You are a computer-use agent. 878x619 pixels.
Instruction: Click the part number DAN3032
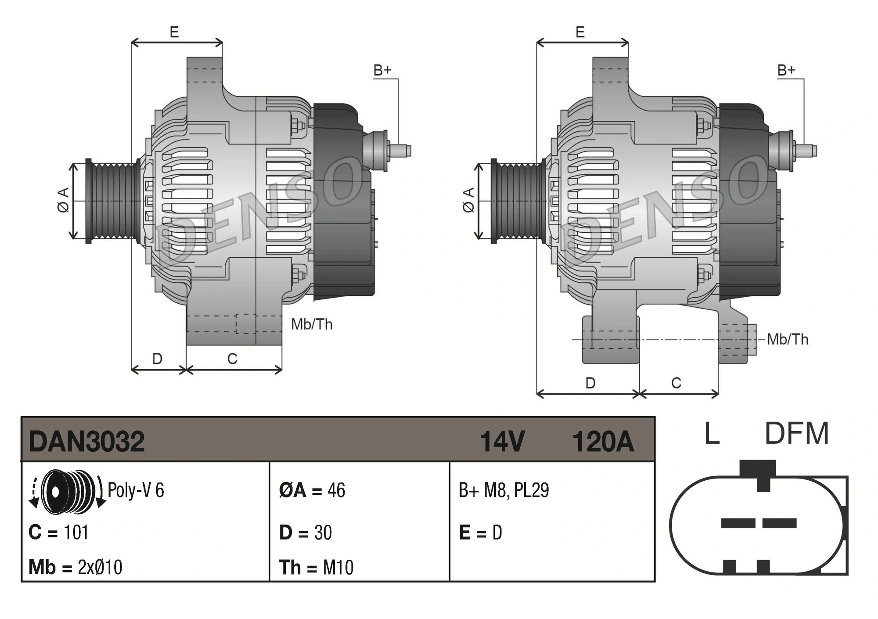[x=86, y=442]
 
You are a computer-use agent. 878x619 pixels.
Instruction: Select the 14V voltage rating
[x=502, y=442]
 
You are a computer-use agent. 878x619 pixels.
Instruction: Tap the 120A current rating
[x=603, y=442]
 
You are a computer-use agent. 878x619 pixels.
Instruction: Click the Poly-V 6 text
[x=136, y=490]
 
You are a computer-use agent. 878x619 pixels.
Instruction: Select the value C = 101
[x=58, y=533]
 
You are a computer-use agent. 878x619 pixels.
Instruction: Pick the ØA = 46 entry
[x=312, y=490]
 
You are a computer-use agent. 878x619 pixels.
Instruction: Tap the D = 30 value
[x=306, y=533]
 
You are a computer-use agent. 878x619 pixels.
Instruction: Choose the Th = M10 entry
[x=316, y=567]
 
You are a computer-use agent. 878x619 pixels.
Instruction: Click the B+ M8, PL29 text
[x=504, y=490]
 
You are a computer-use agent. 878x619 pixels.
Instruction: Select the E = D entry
[x=480, y=533]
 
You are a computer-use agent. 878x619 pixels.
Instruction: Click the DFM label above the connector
[x=796, y=434]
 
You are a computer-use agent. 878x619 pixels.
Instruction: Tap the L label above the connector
[x=712, y=434]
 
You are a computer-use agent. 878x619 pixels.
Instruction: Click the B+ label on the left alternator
[x=382, y=70]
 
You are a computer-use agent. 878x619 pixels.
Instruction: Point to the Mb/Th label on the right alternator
[x=787, y=339]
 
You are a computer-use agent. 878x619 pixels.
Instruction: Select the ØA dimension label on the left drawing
[x=63, y=200]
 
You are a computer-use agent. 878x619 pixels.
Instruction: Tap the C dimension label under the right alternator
[x=676, y=383]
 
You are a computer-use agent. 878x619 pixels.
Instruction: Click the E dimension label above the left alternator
[x=174, y=32]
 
